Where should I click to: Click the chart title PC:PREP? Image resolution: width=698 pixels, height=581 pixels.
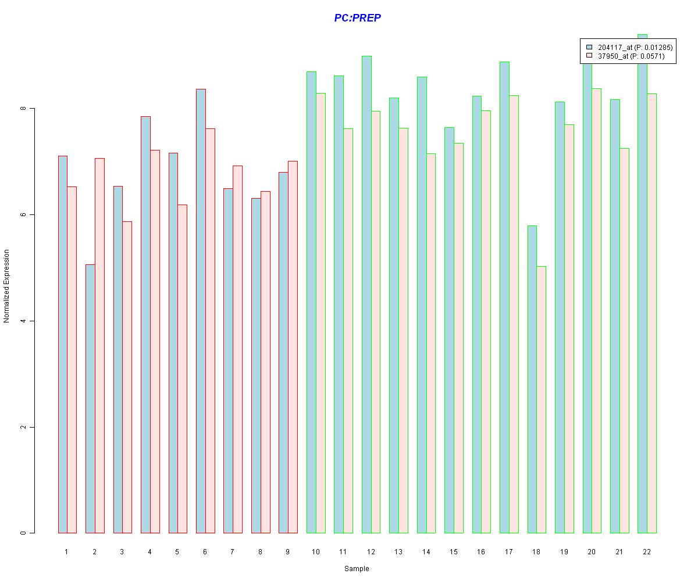(357, 18)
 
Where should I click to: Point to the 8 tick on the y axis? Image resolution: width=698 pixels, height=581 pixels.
(23, 109)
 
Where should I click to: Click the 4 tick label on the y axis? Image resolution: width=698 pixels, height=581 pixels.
(23, 321)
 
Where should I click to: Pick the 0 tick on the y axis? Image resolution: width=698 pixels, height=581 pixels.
(23, 533)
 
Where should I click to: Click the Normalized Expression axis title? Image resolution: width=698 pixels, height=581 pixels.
(7, 286)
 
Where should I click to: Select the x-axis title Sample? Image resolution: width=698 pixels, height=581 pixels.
(357, 569)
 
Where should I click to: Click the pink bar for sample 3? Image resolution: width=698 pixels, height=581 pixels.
(127, 377)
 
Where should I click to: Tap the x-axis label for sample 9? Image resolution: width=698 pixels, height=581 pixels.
(287, 551)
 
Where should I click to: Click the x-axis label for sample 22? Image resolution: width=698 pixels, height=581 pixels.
(646, 551)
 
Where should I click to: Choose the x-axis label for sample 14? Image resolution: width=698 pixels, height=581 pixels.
(426, 551)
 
